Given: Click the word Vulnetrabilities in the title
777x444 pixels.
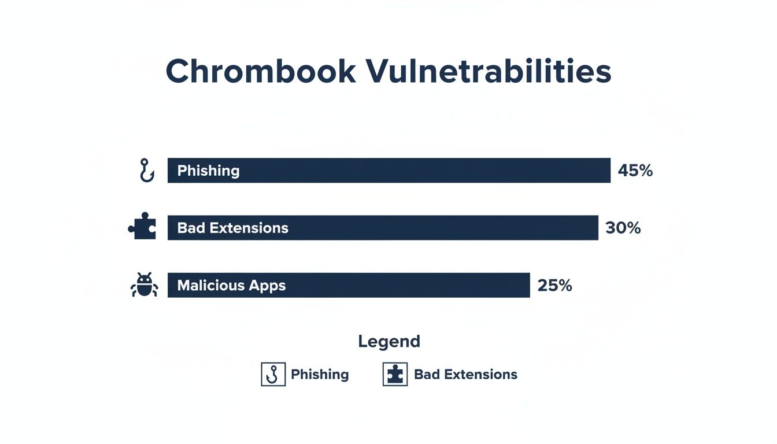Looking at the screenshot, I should pyautogui.click(x=489, y=72).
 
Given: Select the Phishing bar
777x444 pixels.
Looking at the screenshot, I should pyautogui.click(x=388, y=171).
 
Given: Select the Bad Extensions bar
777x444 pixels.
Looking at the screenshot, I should pyautogui.click(x=383, y=228).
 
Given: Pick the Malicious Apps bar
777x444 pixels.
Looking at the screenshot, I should pyautogui.click(x=349, y=285).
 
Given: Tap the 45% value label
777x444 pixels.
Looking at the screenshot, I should pyautogui.click(x=635, y=171).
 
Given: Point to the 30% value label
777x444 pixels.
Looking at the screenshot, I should pyautogui.click(x=623, y=228).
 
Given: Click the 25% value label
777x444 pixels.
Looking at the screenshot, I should pyautogui.click(x=554, y=285).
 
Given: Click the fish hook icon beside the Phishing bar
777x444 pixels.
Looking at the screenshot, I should pyautogui.click(x=147, y=171).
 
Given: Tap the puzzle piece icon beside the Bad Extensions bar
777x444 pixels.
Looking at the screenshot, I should pyautogui.click(x=142, y=226).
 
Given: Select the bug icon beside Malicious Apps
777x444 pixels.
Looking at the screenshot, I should pyautogui.click(x=144, y=285).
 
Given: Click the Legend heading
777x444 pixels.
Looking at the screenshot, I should pyautogui.click(x=388, y=341).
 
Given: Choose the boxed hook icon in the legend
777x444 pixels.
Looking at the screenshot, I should pyautogui.click(x=273, y=375).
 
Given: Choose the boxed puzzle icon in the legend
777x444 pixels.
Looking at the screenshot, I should pyautogui.click(x=395, y=375).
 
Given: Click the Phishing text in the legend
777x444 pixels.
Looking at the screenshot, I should pyautogui.click(x=320, y=375).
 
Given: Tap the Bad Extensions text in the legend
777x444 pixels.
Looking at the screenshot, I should pyautogui.click(x=465, y=375).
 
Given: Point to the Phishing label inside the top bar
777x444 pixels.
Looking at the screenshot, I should pyautogui.click(x=208, y=171).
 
